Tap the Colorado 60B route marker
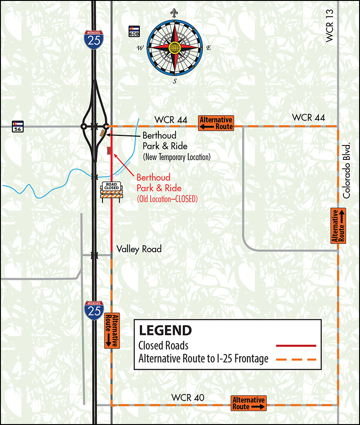pyautogui.click(x=134, y=30)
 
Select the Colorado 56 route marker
pyautogui.click(x=17, y=126)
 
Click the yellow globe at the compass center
pyautogui.click(x=174, y=47)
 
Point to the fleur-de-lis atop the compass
pyautogui.click(x=174, y=13)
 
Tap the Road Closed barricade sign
pyautogui.click(x=111, y=190)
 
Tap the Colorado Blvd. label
pyautogui.click(x=347, y=170)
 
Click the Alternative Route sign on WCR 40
pyautogui.click(x=249, y=403)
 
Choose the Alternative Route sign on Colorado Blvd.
pyautogui.click(x=338, y=226)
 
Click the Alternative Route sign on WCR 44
pyautogui.click(x=216, y=122)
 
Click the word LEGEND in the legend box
pyautogui.click(x=165, y=330)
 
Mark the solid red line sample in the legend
pyautogui.click(x=296, y=346)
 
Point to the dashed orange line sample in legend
pyautogui.click(x=296, y=359)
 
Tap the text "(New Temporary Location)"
pyautogui.click(x=176, y=157)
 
